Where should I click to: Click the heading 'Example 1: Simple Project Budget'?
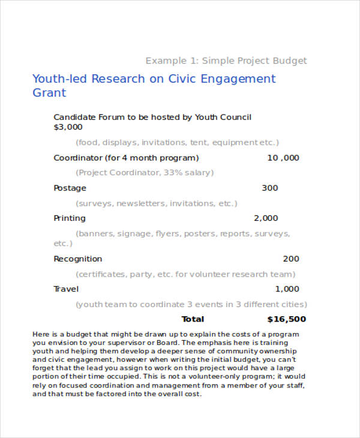pyautogui.click(x=226, y=61)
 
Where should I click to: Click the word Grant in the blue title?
pyautogui.click(x=49, y=93)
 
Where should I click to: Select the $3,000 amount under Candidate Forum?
pyautogui.click(x=68, y=127)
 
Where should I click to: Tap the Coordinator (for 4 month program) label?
pyautogui.click(x=126, y=158)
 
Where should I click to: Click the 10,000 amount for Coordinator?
pyautogui.click(x=283, y=158)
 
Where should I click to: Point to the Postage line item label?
pyautogui.click(x=70, y=188)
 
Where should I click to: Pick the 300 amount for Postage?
pyautogui.click(x=270, y=188)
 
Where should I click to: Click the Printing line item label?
pyautogui.click(x=70, y=218)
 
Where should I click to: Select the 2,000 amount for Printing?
pyautogui.click(x=266, y=218)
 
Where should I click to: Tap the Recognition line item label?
pyautogui.click(x=78, y=259)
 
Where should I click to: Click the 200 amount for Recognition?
pyautogui.click(x=291, y=259)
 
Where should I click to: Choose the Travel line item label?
pyautogui.click(x=67, y=289)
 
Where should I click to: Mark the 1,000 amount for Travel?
pyautogui.click(x=287, y=289)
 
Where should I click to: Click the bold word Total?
pyautogui.click(x=193, y=319)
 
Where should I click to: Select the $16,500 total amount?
pyautogui.click(x=286, y=319)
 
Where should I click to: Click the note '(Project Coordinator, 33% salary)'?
pyautogui.click(x=145, y=172)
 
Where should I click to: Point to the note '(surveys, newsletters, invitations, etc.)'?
pyautogui.click(x=157, y=203)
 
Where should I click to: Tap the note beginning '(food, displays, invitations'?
pyautogui.click(x=178, y=142)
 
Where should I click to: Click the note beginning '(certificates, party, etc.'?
pyautogui.click(x=185, y=274)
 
